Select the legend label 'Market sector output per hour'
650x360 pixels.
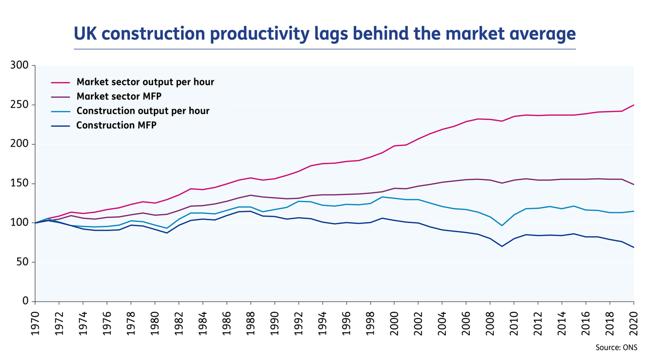point(145,82)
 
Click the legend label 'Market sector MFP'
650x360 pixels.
point(119,96)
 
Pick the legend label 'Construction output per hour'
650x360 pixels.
point(143,111)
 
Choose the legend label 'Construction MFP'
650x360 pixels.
point(116,125)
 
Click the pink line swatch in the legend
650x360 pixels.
point(60,82)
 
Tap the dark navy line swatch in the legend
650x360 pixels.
point(60,125)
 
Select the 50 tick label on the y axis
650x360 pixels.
point(23,262)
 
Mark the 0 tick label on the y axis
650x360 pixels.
point(26,301)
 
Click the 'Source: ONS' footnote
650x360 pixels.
point(616,348)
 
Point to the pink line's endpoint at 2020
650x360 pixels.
point(633,105)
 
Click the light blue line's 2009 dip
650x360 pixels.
point(502,225)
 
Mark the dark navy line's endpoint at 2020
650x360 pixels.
point(633,247)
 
